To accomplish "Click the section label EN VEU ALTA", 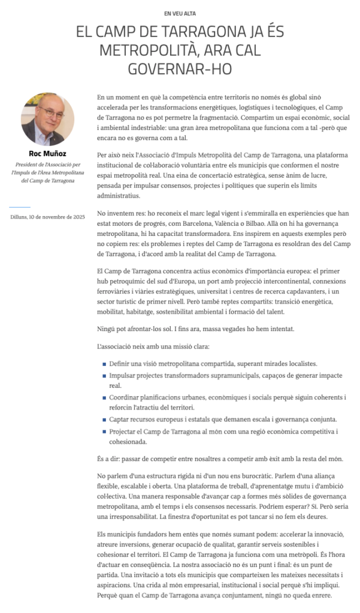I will [180, 13].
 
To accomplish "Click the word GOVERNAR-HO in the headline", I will [180, 69].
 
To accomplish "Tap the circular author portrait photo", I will [48, 119].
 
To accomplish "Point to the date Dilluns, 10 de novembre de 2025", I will [48, 216].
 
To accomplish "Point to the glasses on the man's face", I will [48, 112].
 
